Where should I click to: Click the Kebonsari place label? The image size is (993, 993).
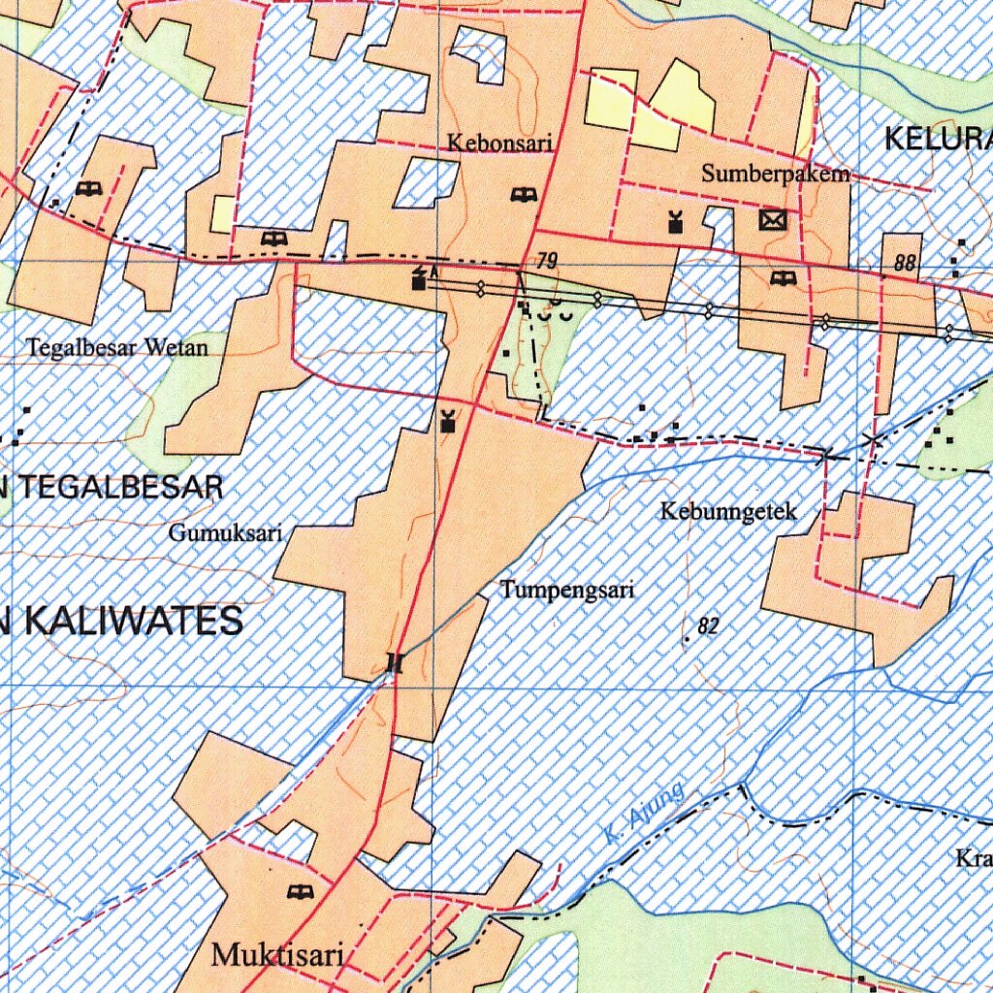click(x=499, y=144)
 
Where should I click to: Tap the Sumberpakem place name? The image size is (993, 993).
click(x=776, y=174)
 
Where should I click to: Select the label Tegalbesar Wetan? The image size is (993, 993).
click(x=117, y=347)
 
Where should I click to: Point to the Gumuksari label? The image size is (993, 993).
click(x=225, y=532)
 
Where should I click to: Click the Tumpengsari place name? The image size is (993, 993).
click(x=567, y=590)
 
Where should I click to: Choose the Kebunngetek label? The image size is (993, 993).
click(x=728, y=510)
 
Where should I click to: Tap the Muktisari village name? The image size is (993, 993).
click(x=277, y=956)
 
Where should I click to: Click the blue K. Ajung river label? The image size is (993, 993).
click(x=643, y=813)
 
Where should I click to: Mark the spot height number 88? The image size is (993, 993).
click(x=906, y=263)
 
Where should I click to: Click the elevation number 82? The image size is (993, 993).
click(x=708, y=627)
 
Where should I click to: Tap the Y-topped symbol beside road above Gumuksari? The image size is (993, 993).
click(x=447, y=421)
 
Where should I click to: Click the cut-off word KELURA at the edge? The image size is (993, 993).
click(x=938, y=140)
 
